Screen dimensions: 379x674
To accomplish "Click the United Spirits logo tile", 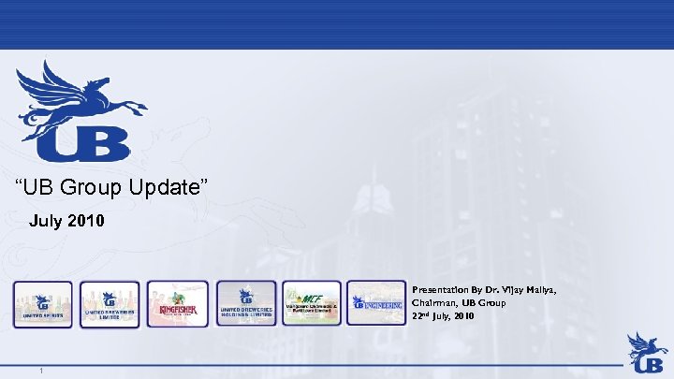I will coord(42,303).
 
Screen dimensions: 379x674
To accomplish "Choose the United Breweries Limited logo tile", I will coord(110,303).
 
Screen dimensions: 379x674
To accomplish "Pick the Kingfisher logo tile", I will coord(177,303).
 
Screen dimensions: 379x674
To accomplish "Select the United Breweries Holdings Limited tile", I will coord(246,303).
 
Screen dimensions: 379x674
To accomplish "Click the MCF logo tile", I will coord(313,303).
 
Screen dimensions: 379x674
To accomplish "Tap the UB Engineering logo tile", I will coord(376,303).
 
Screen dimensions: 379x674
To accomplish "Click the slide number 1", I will coord(42,372).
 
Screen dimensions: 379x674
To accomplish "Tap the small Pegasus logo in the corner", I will coord(647,351).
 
